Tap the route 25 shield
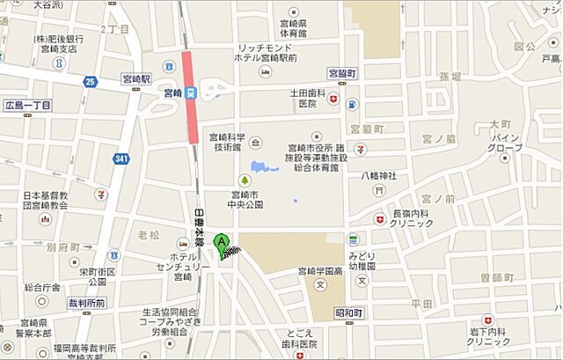(x=90, y=82)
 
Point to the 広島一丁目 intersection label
(x=28, y=106)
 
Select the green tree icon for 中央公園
(x=259, y=180)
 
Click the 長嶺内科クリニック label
(x=412, y=218)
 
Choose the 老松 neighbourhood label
(x=149, y=236)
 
